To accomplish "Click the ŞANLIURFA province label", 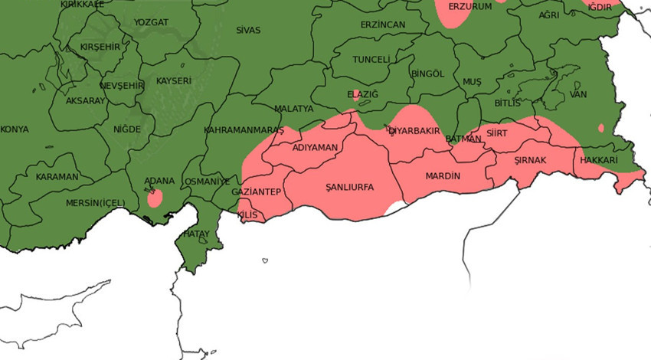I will point(349,187).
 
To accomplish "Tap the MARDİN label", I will point(443,176).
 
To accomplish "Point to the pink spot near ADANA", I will point(155,198).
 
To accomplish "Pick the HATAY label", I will point(197,234).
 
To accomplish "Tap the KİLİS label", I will point(247,215).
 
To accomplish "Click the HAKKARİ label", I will point(598,160).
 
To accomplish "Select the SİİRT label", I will point(497,133).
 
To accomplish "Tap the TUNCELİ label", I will point(371,60).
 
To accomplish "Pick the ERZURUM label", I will point(469,6).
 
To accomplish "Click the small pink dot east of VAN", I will point(601,128).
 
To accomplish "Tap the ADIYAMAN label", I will point(315,147).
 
